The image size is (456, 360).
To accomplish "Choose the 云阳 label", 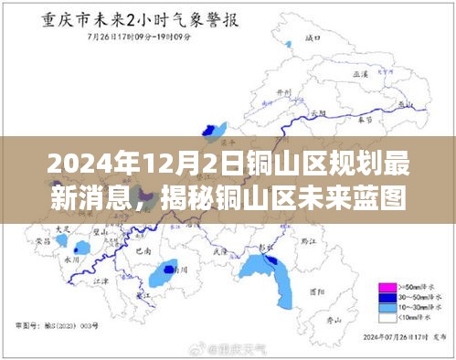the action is (318, 113).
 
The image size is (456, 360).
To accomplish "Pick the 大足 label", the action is (62, 227).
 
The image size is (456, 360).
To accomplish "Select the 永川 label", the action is (72, 258).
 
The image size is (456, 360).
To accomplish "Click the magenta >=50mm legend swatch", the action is (387, 287).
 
